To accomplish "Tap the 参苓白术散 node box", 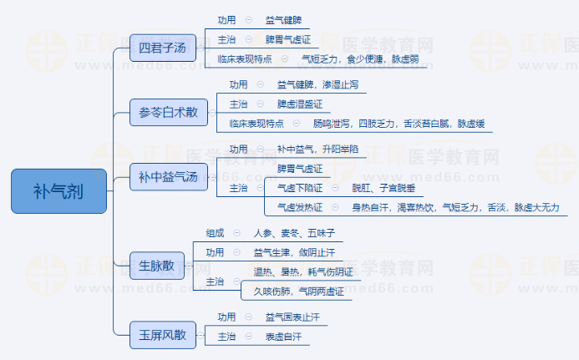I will tap(169, 112).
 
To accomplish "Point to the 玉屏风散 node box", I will tap(162, 337).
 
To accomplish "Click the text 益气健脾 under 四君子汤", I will tap(283, 19).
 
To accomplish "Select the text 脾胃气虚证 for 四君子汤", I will tap(288, 39).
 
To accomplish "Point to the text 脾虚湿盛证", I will tap(299, 104).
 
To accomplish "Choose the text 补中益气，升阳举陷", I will tap(317, 149).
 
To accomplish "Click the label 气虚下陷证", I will tap(298, 188).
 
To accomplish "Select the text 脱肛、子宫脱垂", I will tap(383, 188).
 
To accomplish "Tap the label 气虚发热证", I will tap(298, 207).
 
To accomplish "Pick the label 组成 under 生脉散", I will tap(216, 233).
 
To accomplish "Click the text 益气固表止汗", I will tap(292, 317).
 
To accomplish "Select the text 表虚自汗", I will tap(283, 337).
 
